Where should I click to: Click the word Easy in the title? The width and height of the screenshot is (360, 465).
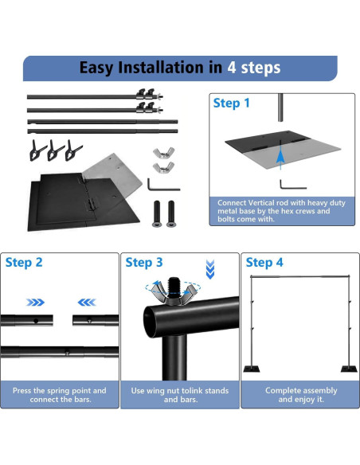click(101, 68)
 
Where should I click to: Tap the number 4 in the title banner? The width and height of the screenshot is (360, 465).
click(233, 68)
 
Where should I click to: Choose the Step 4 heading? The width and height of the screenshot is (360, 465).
click(264, 262)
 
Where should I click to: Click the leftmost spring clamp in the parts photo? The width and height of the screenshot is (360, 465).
click(38, 149)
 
